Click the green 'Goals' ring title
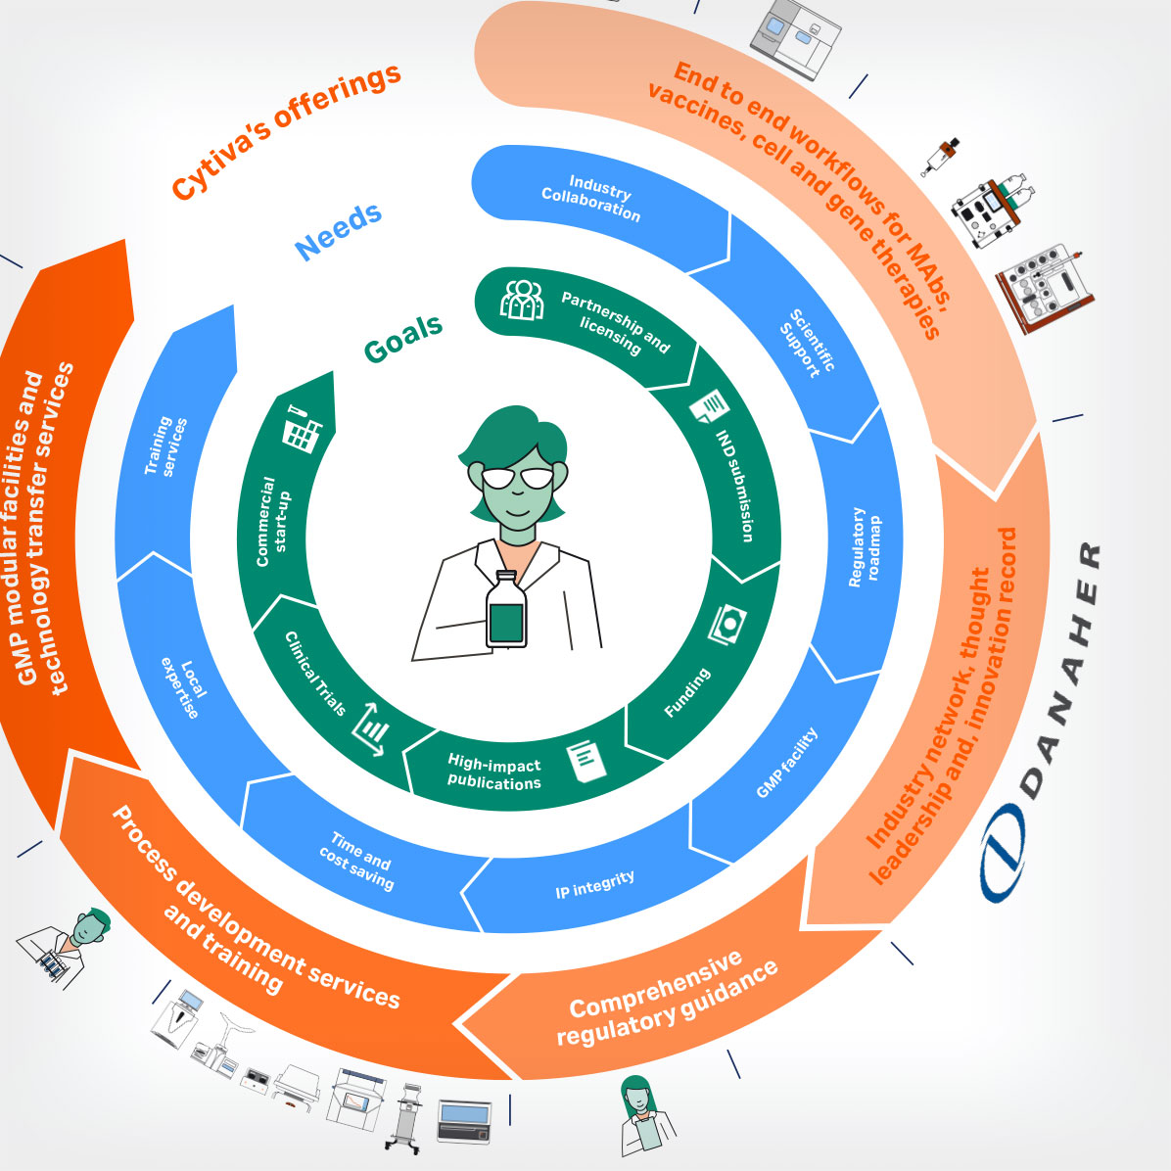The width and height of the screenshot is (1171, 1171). click(403, 339)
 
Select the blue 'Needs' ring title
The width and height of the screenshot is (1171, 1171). click(339, 231)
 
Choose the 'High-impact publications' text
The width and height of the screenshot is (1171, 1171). click(494, 773)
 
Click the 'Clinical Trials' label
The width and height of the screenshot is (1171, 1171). click(315, 673)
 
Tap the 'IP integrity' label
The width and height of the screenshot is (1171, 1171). click(595, 884)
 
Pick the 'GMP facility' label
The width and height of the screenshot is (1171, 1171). click(786, 763)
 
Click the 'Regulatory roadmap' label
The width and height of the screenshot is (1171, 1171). click(865, 546)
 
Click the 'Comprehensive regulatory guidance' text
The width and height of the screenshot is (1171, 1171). click(668, 1000)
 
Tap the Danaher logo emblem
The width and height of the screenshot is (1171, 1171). click(1003, 851)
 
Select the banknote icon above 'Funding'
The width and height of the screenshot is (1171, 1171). click(727, 623)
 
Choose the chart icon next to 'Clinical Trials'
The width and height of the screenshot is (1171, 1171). click(372, 730)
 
